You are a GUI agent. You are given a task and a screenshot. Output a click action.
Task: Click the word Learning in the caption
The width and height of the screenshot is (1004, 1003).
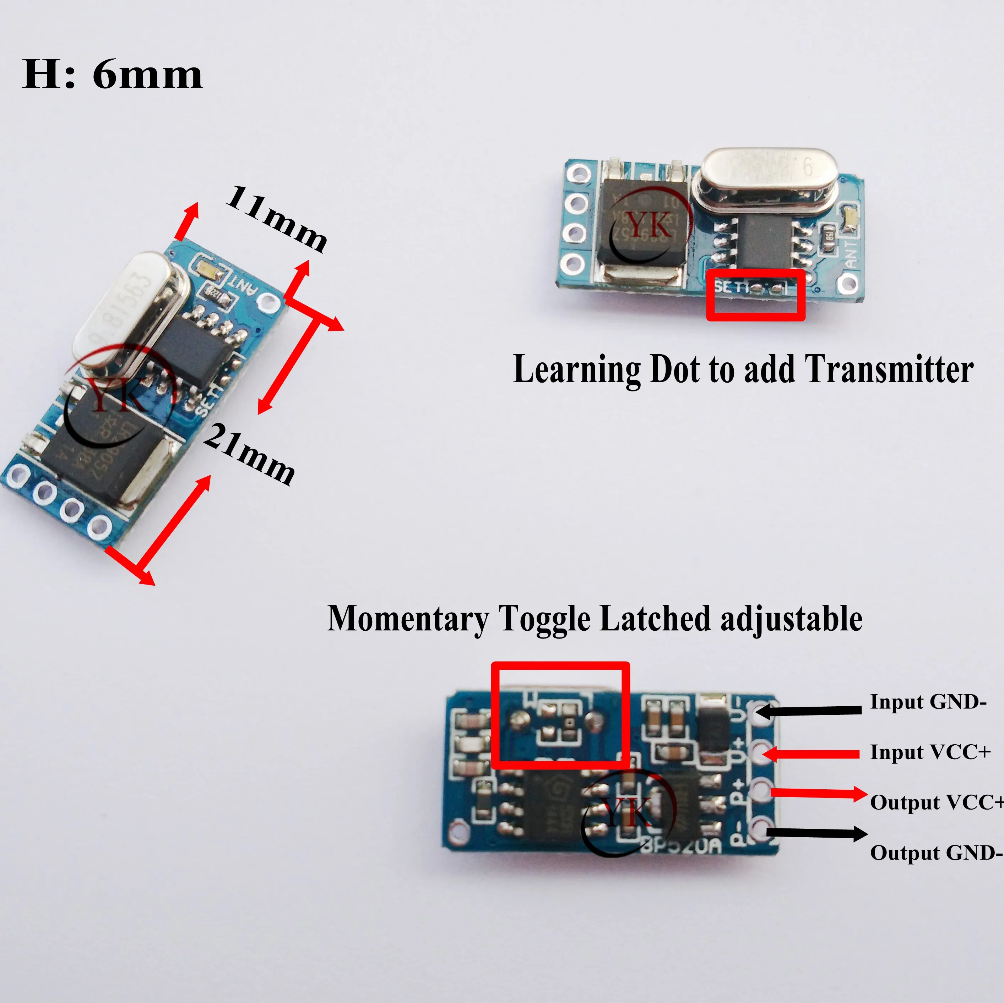576,369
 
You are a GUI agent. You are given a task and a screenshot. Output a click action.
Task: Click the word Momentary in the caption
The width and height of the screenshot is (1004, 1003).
408,619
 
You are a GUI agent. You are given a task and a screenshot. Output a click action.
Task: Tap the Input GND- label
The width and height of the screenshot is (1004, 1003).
928,702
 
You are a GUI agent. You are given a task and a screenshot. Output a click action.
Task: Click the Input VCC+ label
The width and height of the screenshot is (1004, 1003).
930,752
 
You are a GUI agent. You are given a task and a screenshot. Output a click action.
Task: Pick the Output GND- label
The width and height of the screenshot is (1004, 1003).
936,853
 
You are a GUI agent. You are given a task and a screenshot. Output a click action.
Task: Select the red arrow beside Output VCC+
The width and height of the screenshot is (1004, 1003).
819,793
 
